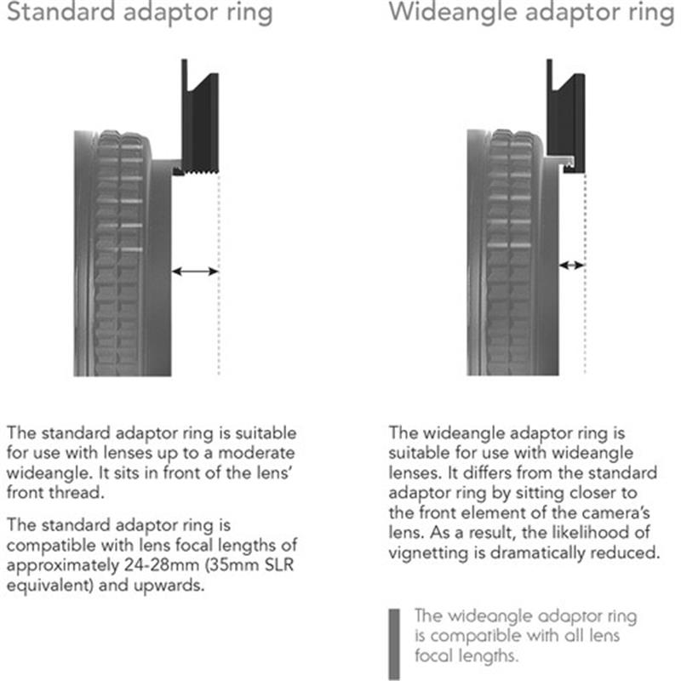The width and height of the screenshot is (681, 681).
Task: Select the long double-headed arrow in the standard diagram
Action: click(195, 272)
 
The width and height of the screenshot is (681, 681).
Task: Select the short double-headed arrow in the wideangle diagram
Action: click(571, 266)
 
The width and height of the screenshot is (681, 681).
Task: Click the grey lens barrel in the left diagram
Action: click(119, 255)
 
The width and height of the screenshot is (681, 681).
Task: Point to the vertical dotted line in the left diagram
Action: click(219, 323)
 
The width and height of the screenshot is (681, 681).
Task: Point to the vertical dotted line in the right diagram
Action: click(585, 323)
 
